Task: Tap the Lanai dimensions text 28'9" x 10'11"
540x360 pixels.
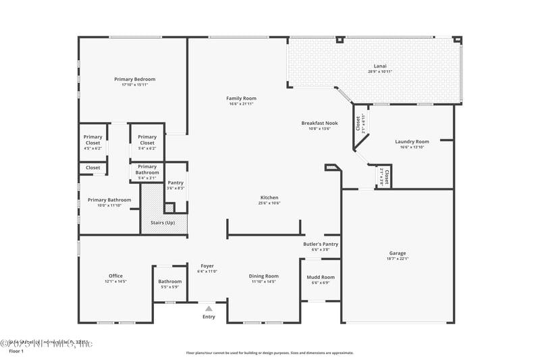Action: tap(380, 72)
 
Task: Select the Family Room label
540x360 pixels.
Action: tap(241, 98)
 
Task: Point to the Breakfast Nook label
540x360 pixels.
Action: tap(319, 122)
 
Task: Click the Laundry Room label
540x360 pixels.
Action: tap(412, 141)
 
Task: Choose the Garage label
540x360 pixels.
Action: tap(398, 253)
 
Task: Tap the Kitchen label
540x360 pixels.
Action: tap(269, 197)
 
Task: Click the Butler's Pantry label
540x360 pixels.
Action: tap(320, 244)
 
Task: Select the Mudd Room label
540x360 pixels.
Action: tap(320, 277)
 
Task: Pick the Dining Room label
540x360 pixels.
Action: tap(263, 276)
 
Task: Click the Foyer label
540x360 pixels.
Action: tap(207, 266)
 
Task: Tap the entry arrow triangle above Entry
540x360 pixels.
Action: tap(209, 308)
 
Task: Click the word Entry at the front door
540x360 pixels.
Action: tap(209, 316)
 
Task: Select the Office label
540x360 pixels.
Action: tap(115, 276)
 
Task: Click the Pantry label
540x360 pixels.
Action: tap(175, 182)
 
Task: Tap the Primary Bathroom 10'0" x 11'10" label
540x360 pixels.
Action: tap(109, 200)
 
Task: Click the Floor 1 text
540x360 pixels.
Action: tap(16, 351)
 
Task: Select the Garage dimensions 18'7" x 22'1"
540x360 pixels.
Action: tap(398, 258)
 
